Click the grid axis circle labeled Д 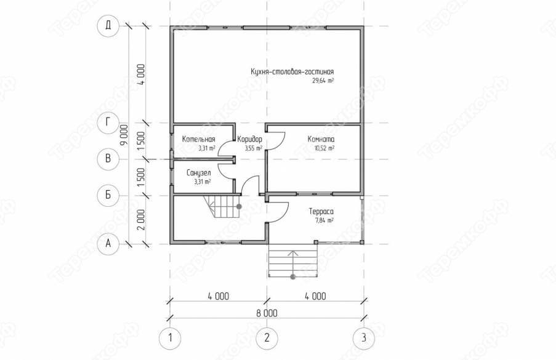tap(108, 26)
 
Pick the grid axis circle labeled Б tap(108, 195)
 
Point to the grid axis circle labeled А tap(108, 244)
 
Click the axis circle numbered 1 tap(170, 338)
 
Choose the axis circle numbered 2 tap(267, 338)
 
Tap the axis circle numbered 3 tap(363, 338)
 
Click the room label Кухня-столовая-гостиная tap(292, 71)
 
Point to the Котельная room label tap(198, 139)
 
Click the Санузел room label tap(198, 173)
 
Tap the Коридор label tap(249, 139)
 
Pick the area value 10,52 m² tap(324, 148)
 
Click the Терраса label tap(321, 212)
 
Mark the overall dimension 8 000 tap(267, 313)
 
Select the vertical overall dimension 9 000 tap(124, 135)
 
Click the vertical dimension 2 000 tap(141, 220)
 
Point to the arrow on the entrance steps tap(293, 263)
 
